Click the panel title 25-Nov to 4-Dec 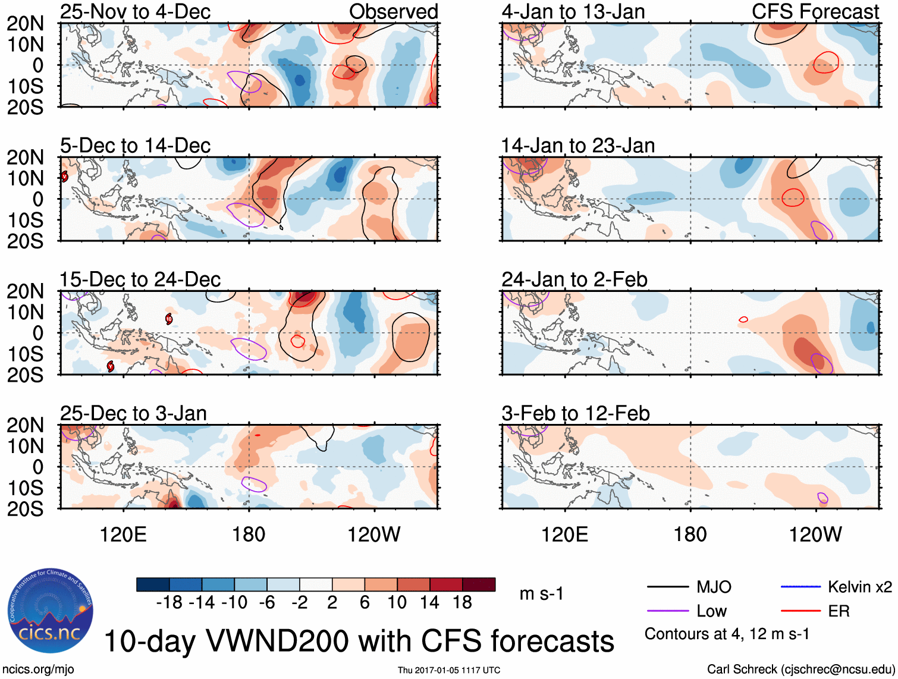(135, 12)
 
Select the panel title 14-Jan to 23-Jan (577, 146)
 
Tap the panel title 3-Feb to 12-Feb (575, 413)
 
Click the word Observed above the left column (393, 12)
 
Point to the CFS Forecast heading (815, 12)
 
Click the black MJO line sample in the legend (667, 587)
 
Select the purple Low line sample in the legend (667, 611)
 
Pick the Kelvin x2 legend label (859, 587)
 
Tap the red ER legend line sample (800, 611)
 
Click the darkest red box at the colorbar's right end (479, 584)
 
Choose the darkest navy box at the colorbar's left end (153, 584)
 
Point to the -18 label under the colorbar (169, 603)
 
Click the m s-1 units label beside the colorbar (541, 594)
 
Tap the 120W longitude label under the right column (815, 535)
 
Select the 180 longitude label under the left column (249, 535)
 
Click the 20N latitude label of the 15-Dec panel (25, 292)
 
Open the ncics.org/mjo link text (38, 669)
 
